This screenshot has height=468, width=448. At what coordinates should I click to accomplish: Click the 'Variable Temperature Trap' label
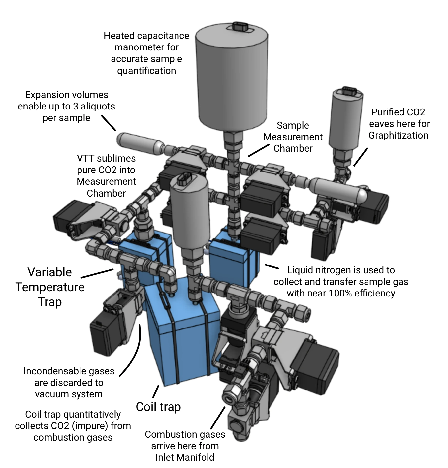[50, 287]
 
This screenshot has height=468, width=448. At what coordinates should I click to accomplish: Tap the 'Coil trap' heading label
[158, 407]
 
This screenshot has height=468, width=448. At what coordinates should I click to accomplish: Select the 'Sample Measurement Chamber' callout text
[293, 137]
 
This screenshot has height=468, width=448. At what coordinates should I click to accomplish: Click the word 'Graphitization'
[398, 135]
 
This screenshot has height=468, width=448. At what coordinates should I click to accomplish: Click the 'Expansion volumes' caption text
[66, 95]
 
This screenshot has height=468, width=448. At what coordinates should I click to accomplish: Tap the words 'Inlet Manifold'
[185, 457]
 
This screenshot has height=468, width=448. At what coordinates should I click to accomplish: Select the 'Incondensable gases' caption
[69, 371]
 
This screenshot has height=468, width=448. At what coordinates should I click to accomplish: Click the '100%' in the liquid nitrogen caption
[341, 293]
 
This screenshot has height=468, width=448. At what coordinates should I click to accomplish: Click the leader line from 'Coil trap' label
[155, 391]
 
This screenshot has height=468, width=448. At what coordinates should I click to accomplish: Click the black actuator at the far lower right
[322, 363]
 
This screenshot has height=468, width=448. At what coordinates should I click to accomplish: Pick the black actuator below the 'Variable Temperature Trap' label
[106, 336]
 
